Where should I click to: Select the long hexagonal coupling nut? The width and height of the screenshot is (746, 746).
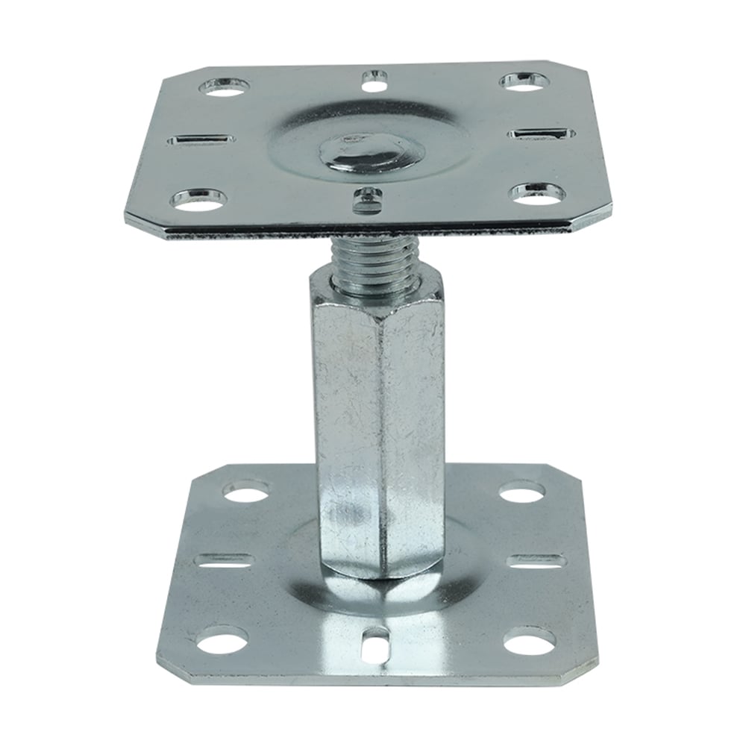click(374, 418)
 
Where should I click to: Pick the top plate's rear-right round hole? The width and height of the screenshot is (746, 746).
click(520, 81)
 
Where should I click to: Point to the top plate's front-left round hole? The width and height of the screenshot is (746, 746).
click(199, 199)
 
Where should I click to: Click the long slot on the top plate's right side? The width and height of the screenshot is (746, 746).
click(541, 134)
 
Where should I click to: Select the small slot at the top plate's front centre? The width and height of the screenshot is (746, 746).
click(365, 196)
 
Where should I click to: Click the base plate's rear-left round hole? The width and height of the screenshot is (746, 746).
click(247, 492)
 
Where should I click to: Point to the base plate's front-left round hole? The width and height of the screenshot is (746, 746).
click(222, 642)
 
